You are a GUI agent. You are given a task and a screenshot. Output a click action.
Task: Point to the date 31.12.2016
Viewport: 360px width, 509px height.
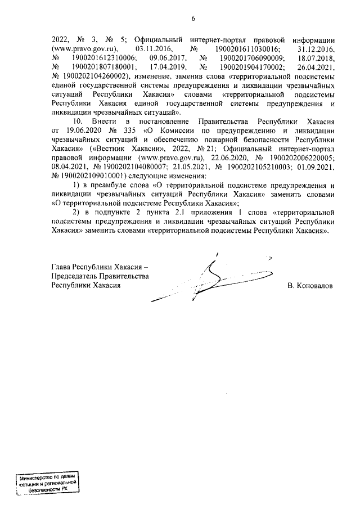tap(316, 49)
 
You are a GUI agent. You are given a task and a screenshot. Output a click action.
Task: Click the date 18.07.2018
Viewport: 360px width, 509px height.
tap(316, 58)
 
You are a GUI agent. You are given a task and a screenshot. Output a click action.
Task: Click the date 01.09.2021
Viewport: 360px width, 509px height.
tap(316, 167)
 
